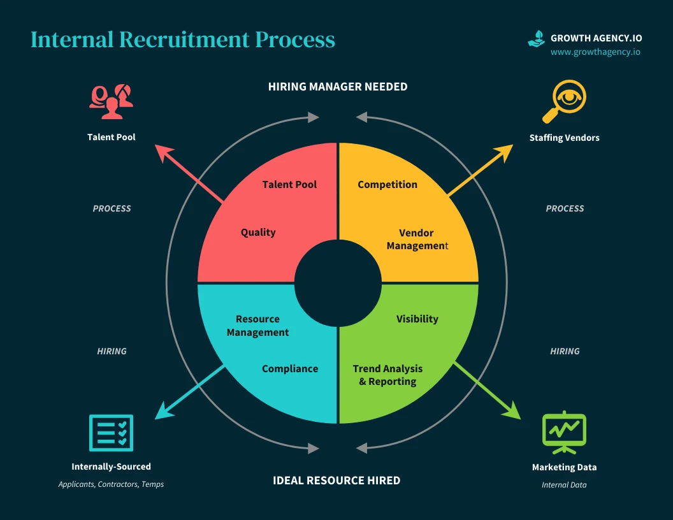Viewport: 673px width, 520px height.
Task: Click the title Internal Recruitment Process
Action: (x=182, y=40)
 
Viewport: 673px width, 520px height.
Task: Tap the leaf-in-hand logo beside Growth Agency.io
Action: (x=537, y=38)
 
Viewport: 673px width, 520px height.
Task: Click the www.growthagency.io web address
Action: (x=595, y=52)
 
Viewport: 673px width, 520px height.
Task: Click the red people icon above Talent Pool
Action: (x=112, y=101)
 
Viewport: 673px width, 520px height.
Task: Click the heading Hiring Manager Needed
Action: (x=337, y=87)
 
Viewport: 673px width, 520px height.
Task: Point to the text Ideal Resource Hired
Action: (x=336, y=480)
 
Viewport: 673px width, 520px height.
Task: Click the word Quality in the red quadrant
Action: (x=258, y=233)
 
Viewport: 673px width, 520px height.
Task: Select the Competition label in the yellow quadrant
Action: (x=387, y=185)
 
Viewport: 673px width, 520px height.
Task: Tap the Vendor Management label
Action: (x=417, y=240)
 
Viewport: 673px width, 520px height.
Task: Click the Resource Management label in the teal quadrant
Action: (x=257, y=326)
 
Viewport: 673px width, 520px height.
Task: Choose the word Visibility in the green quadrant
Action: (x=417, y=319)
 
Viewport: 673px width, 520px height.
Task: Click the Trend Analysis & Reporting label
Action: (x=387, y=375)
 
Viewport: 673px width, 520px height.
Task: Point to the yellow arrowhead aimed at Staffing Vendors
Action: (x=506, y=150)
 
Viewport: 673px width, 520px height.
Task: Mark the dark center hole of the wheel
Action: (x=337, y=282)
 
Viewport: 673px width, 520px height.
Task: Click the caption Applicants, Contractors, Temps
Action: (x=111, y=484)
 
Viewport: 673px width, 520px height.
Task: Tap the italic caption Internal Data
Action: (x=564, y=485)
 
